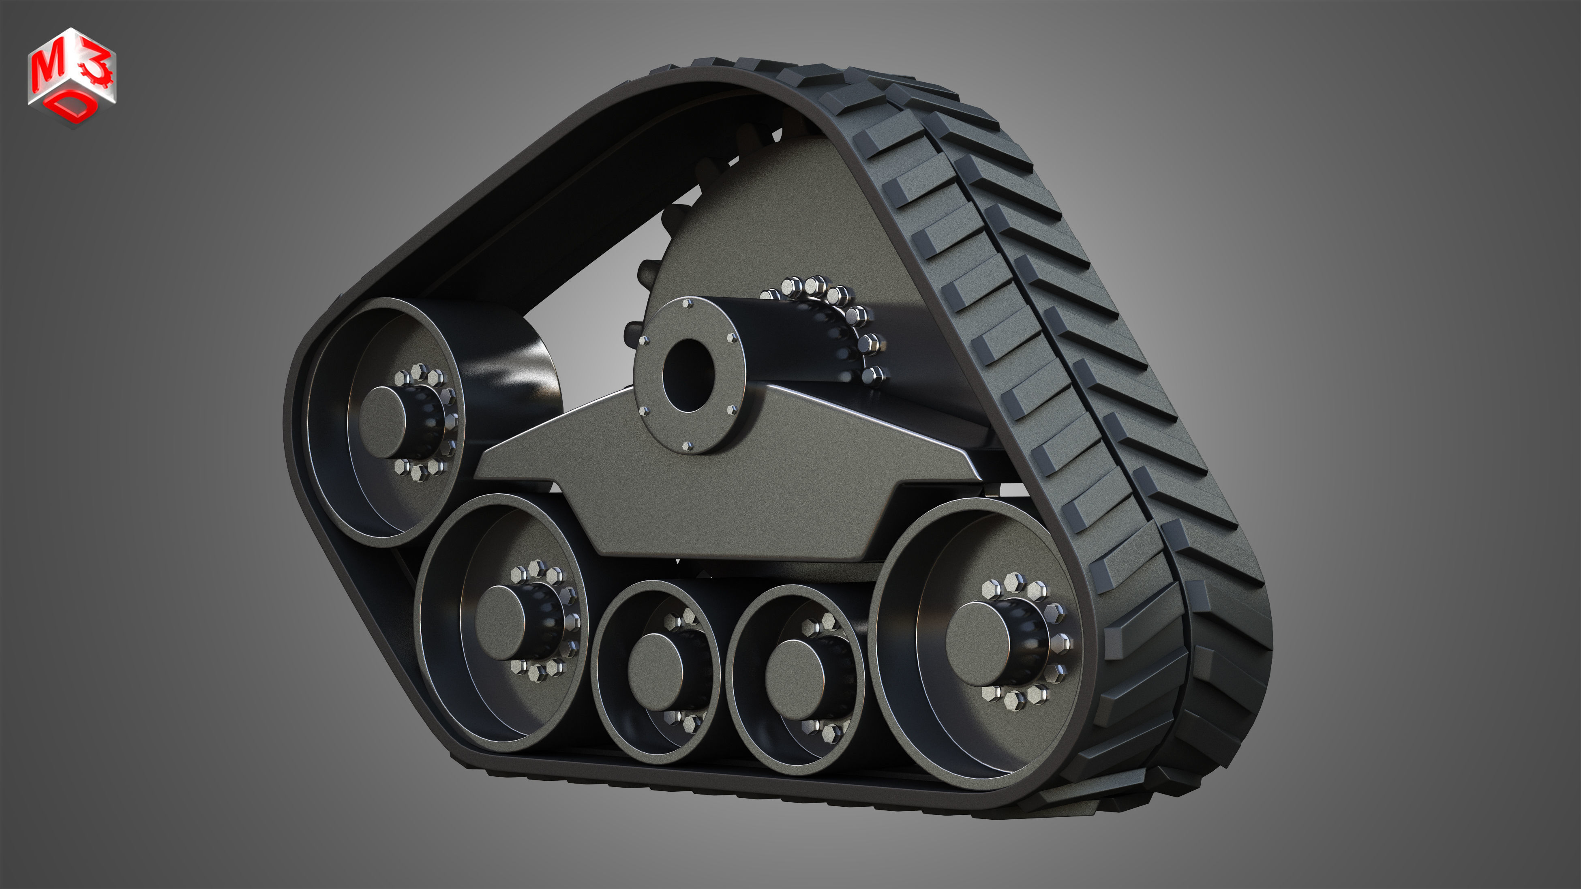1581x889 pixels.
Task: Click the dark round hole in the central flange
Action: tap(689, 375)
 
